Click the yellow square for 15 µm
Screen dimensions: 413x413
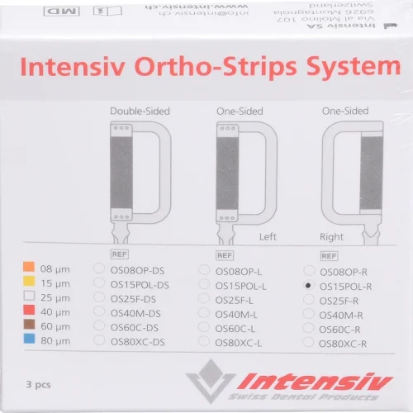point(29,282)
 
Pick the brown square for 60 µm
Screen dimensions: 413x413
point(29,326)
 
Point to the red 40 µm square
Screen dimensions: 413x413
point(29,311)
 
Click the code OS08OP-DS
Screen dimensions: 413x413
point(139,269)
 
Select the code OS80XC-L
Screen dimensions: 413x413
point(239,342)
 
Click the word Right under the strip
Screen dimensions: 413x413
point(332,235)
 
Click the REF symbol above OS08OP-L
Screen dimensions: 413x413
point(224,254)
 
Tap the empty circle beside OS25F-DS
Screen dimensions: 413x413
point(100,298)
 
